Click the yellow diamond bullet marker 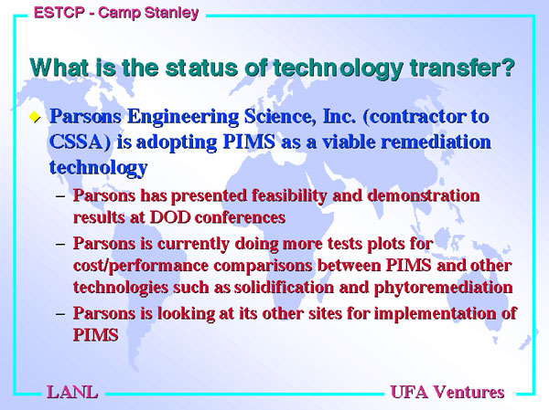(x=35, y=117)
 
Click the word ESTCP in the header (x=59, y=13)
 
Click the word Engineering (x=183, y=117)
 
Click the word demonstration (x=424, y=195)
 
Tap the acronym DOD (x=170, y=217)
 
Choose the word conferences (x=240, y=217)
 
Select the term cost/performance (x=141, y=267)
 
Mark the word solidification (x=284, y=288)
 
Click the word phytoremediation (x=444, y=288)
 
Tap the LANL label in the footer (x=72, y=392)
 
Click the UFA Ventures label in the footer (x=447, y=392)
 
